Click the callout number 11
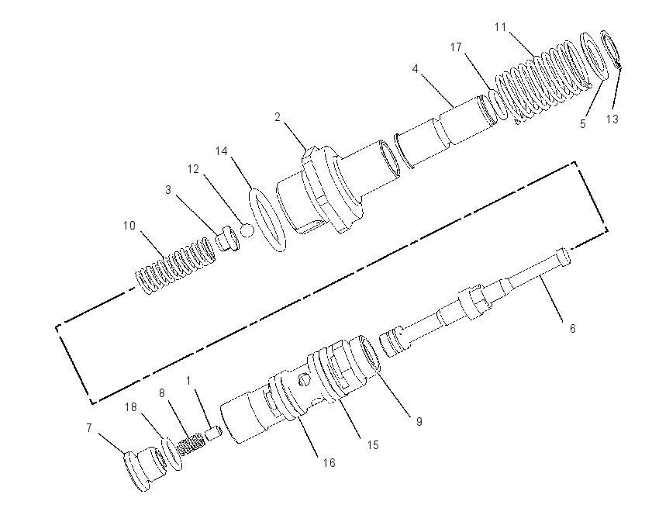pyautogui.click(x=500, y=27)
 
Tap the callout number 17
pyautogui.click(x=456, y=47)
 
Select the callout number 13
pyautogui.click(x=612, y=119)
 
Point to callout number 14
pyautogui.click(x=222, y=151)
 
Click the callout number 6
pyautogui.click(x=572, y=328)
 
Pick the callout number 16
pyautogui.click(x=329, y=463)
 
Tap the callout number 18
pyautogui.click(x=131, y=407)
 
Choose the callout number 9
pyautogui.click(x=419, y=421)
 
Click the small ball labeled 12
pyautogui.click(x=247, y=230)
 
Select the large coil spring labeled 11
pyautogui.click(x=542, y=82)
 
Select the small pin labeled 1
pyautogui.click(x=213, y=433)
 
